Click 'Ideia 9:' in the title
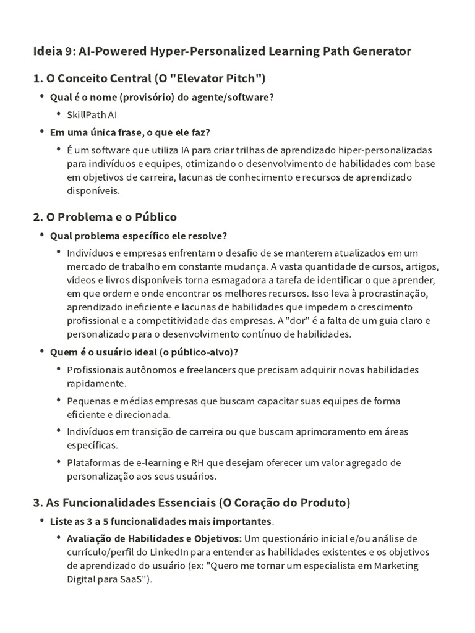click(53, 51)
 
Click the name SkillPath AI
click(92, 114)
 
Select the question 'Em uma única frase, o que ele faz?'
click(130, 132)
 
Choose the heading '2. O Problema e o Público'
click(105, 217)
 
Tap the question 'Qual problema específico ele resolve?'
click(139, 236)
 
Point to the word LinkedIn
click(171, 552)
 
